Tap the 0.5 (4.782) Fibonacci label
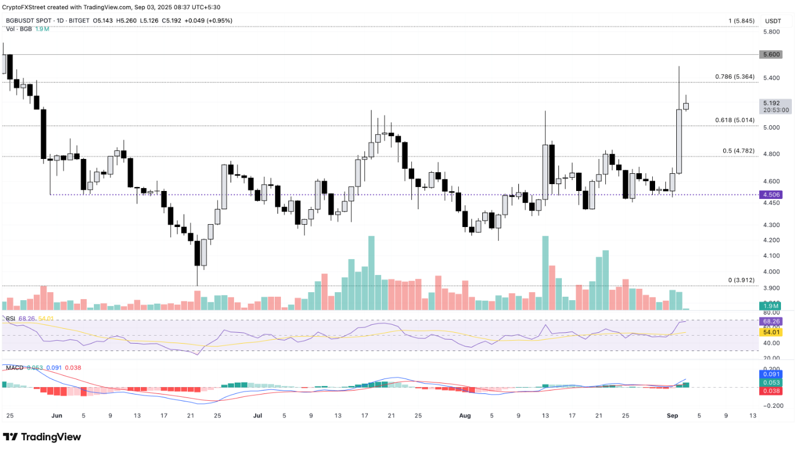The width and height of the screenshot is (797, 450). pyautogui.click(x=739, y=151)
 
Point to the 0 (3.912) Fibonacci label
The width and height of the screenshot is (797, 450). pyautogui.click(x=741, y=280)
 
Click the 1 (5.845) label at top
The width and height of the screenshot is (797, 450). pyautogui.click(x=741, y=21)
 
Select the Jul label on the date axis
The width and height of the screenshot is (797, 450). pyautogui.click(x=257, y=416)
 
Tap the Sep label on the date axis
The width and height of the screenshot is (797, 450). pyautogui.click(x=673, y=416)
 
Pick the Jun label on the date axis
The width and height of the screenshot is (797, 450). pyautogui.click(x=55, y=416)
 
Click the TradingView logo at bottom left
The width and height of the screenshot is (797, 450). pyautogui.click(x=42, y=437)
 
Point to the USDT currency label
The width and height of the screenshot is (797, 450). pyautogui.click(x=773, y=21)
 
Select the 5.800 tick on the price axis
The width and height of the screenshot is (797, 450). pyautogui.click(x=771, y=32)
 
